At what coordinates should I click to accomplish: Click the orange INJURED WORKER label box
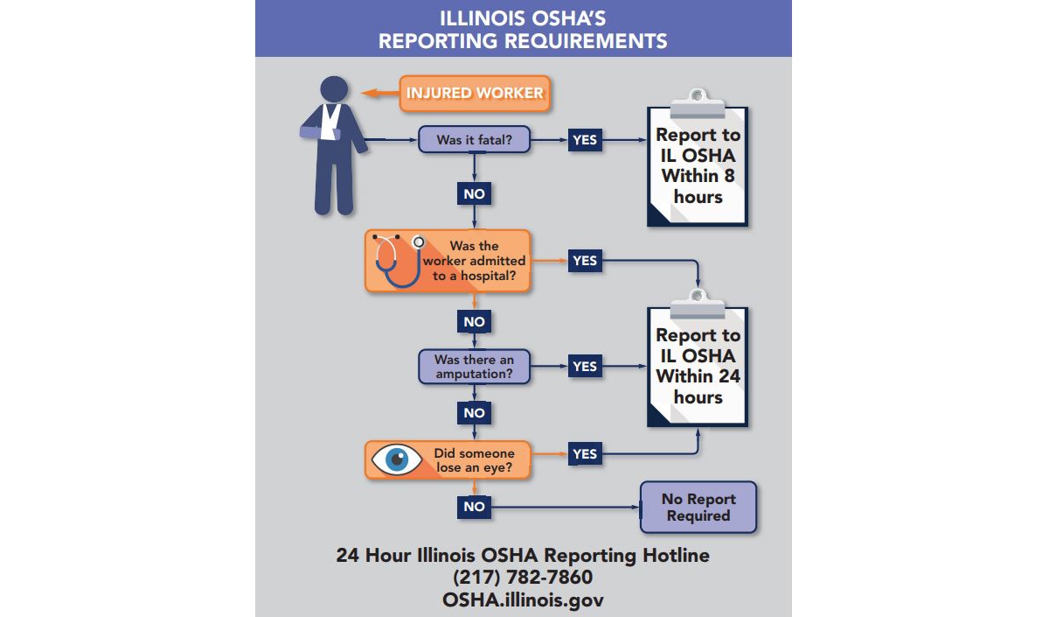click(475, 94)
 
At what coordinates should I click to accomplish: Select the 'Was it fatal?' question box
click(474, 139)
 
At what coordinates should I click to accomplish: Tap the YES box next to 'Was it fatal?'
click(585, 140)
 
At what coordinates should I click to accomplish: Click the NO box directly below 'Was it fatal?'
click(474, 193)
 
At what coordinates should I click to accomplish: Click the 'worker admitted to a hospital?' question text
click(474, 261)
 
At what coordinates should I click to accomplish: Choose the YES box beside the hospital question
click(585, 261)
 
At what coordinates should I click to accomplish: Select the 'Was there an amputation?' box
click(474, 367)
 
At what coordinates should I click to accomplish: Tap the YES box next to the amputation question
click(585, 366)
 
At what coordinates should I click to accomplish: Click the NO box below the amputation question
click(474, 413)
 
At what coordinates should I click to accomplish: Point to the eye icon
click(397, 459)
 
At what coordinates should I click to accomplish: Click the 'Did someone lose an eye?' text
click(474, 460)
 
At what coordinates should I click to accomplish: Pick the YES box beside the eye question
click(585, 454)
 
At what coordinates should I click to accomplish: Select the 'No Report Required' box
click(698, 508)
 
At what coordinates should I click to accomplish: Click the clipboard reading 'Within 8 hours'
click(698, 158)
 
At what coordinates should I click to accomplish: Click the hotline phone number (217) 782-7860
click(523, 577)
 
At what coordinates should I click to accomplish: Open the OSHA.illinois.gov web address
click(523, 599)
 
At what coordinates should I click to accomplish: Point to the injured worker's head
click(334, 89)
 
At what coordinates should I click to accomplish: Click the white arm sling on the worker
click(330, 122)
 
